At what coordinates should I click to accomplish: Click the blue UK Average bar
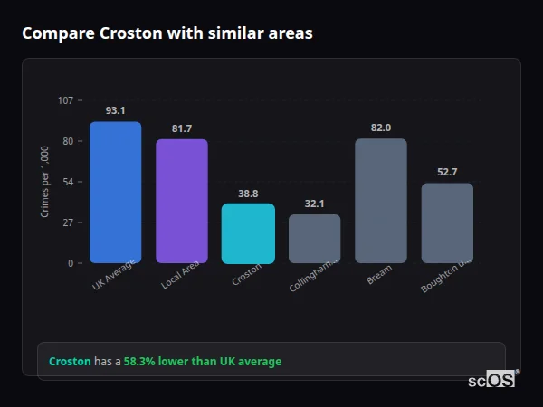point(115,193)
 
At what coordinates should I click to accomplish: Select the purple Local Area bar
point(181,201)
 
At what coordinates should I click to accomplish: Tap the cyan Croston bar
point(248,233)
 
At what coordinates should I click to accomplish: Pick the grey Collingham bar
point(314,239)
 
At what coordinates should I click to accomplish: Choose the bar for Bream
point(381,201)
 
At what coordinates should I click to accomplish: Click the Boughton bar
point(447,223)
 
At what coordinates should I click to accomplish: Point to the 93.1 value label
point(115,110)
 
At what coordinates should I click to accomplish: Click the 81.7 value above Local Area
point(181,128)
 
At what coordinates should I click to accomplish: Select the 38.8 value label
point(248,194)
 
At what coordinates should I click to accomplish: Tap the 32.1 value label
point(314,204)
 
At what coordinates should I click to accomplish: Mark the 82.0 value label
point(381,128)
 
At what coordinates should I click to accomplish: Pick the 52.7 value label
point(447,172)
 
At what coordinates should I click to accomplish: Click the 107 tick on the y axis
point(65,100)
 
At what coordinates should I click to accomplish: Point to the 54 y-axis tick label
point(68,182)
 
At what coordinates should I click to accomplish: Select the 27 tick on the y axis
point(68,222)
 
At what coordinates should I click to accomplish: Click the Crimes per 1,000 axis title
point(45,182)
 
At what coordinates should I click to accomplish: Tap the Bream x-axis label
point(379,276)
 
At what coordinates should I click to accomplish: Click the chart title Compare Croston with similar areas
point(167,33)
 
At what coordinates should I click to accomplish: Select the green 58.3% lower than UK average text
point(203,362)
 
